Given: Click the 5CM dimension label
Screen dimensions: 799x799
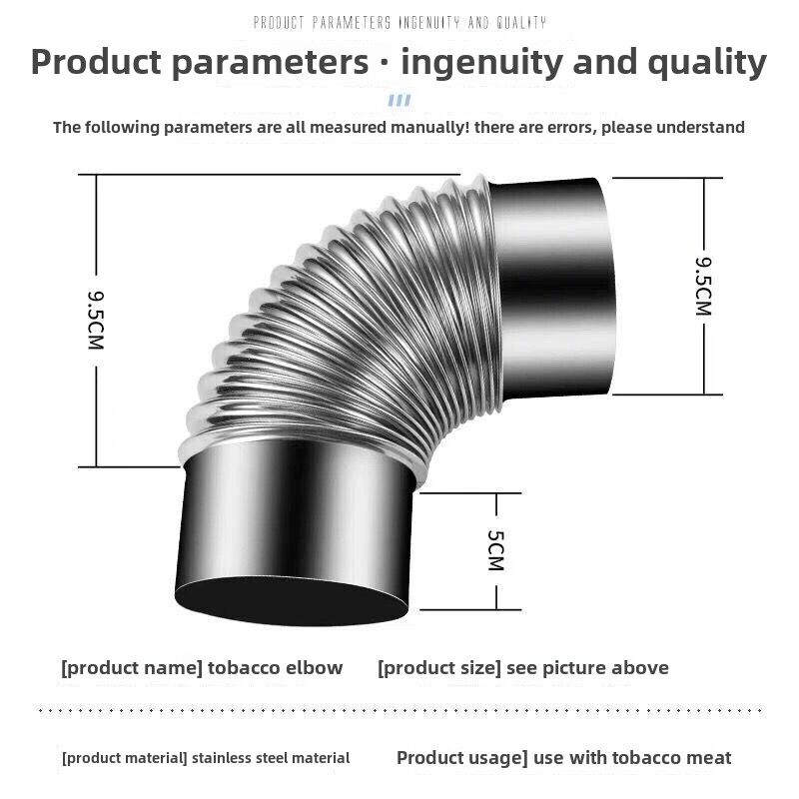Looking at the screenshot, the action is [x=495, y=550].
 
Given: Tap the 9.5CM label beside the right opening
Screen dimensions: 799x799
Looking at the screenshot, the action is [x=703, y=286].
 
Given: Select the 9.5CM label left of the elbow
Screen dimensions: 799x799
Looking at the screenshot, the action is [x=96, y=320].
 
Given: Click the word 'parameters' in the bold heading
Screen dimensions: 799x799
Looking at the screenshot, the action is [x=269, y=62].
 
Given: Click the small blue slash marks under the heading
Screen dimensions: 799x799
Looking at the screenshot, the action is [x=399, y=100].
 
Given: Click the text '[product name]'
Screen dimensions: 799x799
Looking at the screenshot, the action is [x=132, y=668].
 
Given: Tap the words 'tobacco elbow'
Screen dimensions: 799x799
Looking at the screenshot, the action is [x=276, y=668].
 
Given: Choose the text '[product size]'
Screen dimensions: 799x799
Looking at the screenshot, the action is [x=438, y=668].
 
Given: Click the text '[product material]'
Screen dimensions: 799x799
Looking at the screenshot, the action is [x=124, y=758].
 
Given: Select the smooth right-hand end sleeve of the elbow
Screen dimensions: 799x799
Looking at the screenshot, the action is [x=552, y=285].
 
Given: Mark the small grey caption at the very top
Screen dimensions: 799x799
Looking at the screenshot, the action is [x=399, y=22].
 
